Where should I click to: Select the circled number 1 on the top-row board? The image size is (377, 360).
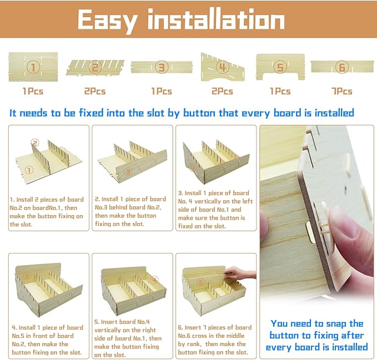point(33,67)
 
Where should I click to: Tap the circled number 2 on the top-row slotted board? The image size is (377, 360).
point(95,67)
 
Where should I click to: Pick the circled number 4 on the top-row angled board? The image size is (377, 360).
point(222,67)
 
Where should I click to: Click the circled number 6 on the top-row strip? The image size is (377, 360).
point(341,67)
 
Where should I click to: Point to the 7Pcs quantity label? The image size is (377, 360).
point(341,92)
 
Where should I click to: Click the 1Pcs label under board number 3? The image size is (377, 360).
point(162,92)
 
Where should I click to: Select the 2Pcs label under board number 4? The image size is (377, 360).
point(222,92)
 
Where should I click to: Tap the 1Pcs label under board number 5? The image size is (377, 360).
point(280,92)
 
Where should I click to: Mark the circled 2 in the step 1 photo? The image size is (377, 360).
point(35,143)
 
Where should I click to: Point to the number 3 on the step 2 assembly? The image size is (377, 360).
point(128,172)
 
